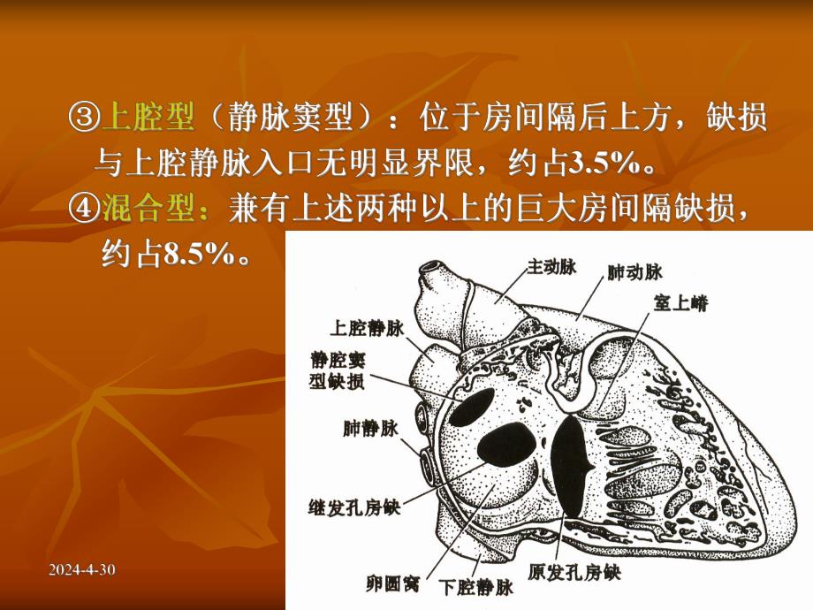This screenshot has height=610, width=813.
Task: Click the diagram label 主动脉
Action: [x=552, y=264]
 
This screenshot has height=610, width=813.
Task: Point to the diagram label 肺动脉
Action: [x=634, y=271]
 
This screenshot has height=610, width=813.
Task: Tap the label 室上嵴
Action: [x=680, y=302]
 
